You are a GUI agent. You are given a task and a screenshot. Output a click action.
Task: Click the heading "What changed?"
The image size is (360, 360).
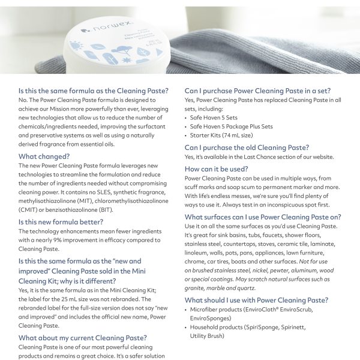(44, 157)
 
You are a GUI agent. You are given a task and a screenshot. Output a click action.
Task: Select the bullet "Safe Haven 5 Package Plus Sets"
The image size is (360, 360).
(231, 127)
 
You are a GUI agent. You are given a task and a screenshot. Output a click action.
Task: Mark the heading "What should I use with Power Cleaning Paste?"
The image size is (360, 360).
(256, 300)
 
